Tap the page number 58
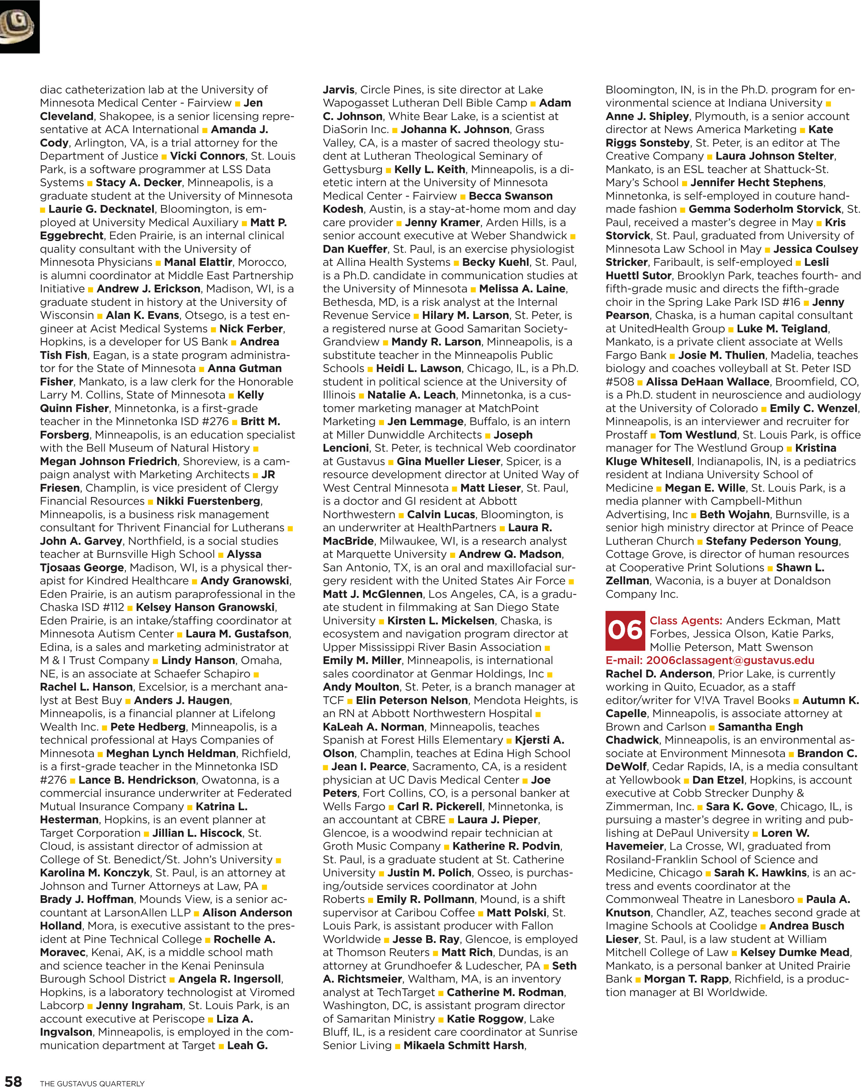tap(13, 1080)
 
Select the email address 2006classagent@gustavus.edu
tap(730, 660)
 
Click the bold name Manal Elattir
tap(198, 262)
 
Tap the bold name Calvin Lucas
tap(441, 514)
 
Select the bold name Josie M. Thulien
tap(721, 355)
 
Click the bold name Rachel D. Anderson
tap(658, 674)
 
